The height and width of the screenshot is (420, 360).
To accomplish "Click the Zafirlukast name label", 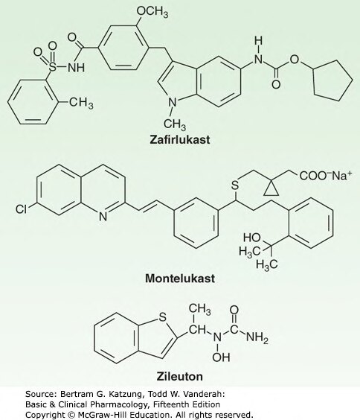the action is pos(180,140).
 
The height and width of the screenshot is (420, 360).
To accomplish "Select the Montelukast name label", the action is pos(180,279).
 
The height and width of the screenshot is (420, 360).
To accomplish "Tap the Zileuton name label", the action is pos(180,377).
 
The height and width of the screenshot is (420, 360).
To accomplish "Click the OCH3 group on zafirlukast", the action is pos(152,12).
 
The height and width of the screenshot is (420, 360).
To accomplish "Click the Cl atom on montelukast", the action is pos(22,209).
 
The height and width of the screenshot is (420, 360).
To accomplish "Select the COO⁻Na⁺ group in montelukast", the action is pos(326,176).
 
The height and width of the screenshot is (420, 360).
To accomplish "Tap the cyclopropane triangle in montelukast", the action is pos(271,189).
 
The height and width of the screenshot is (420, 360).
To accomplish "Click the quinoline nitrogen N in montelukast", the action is pos(103,216).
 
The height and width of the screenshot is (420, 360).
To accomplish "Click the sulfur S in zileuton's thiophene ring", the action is pos(162,318).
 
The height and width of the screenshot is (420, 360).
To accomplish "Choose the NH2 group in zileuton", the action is pos(257,337).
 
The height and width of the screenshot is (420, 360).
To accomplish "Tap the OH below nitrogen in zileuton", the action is pos(221,357).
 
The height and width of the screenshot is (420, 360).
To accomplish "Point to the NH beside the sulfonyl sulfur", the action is pos(76,67).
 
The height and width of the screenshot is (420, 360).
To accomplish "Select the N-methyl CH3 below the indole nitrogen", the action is pos(175,124).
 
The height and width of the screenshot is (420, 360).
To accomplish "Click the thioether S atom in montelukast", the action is pos(235,185).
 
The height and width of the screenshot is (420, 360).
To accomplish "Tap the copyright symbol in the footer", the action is pos(71,415).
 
